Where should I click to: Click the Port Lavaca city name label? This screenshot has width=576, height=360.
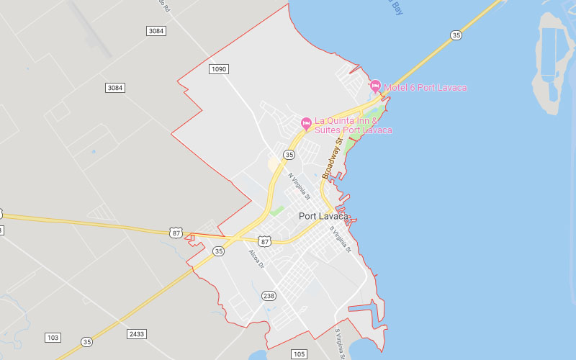[x=323, y=216]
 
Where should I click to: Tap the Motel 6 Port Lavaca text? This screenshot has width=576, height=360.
[x=425, y=88]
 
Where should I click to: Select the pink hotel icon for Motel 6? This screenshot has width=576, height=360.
[x=375, y=86]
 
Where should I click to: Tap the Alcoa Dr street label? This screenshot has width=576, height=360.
[x=257, y=259]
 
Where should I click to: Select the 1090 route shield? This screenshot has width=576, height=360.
[x=219, y=68]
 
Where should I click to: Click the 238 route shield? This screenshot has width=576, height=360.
[x=269, y=295]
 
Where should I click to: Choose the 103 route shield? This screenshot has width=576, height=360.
[x=53, y=338]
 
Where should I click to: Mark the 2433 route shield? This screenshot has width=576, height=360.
[x=137, y=334]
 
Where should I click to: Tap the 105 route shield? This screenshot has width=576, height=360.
[x=300, y=354]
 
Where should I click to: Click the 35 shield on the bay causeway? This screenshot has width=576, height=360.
[x=456, y=35]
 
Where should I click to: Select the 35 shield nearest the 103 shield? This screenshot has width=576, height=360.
[x=86, y=342]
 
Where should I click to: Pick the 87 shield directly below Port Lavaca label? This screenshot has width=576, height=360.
[x=265, y=241]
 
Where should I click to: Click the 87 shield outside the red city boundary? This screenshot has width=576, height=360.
[x=176, y=232]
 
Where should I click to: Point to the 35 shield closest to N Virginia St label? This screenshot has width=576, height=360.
[x=289, y=154]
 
